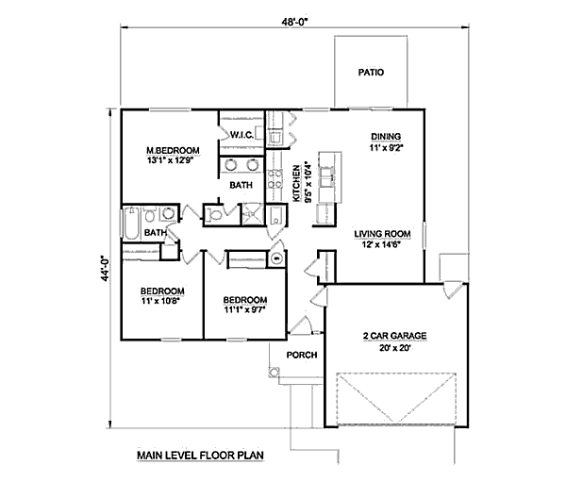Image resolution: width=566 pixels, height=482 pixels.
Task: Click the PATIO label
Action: click(370, 72)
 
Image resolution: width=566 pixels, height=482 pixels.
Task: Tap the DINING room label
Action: click(385, 136)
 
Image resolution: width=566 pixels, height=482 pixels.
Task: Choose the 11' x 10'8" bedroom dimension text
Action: click(161, 303)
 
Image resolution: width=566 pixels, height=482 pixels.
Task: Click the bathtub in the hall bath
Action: click(130, 227)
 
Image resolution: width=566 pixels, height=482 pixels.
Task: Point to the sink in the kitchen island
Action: click(331, 173)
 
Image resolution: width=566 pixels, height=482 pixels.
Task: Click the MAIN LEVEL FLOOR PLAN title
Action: click(199, 455)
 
